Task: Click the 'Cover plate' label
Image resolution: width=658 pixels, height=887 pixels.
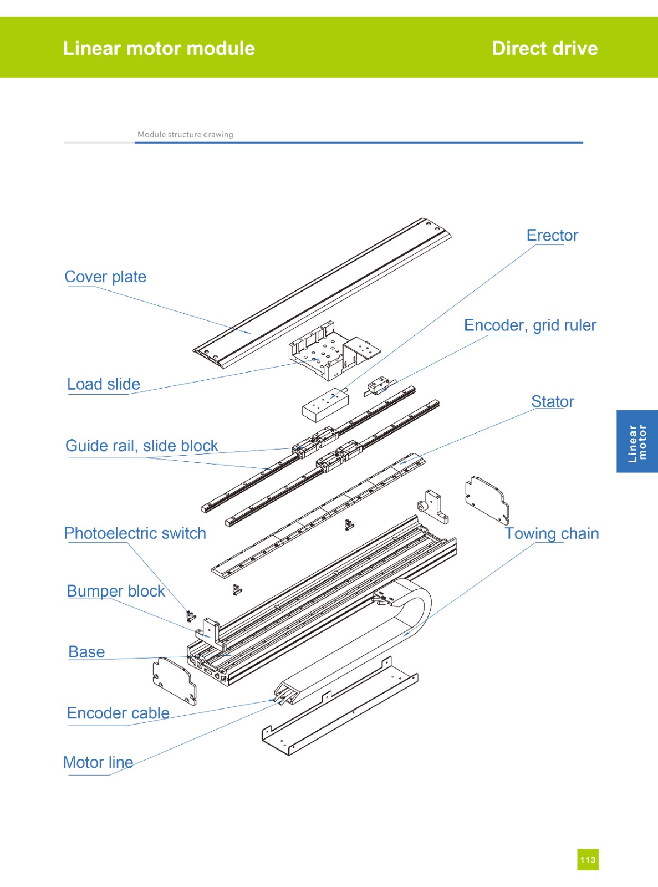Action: pyautogui.click(x=105, y=277)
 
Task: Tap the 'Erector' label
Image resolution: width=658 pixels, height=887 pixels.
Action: pyautogui.click(x=552, y=236)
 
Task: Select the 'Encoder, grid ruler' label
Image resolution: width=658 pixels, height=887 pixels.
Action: pyautogui.click(x=529, y=325)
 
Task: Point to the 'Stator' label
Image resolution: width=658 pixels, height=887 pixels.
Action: pyautogui.click(x=552, y=401)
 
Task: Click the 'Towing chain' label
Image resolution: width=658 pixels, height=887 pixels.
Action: pyautogui.click(x=551, y=533)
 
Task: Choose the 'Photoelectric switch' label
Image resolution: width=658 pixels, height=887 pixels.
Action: pyautogui.click(x=135, y=533)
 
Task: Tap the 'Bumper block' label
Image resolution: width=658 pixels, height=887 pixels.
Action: pyautogui.click(x=116, y=591)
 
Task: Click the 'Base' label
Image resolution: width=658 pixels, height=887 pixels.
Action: pyautogui.click(x=86, y=652)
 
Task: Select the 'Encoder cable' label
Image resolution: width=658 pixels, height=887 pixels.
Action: pyautogui.click(x=118, y=713)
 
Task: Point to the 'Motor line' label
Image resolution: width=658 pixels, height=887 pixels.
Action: pyautogui.click(x=98, y=762)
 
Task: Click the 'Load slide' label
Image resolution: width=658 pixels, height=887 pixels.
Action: pyautogui.click(x=103, y=384)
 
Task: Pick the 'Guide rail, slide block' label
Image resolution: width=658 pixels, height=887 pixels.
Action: pyautogui.click(x=141, y=446)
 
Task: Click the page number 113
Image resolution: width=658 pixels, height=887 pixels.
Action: pyautogui.click(x=588, y=859)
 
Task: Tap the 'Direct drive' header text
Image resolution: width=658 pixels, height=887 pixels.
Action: pyautogui.click(x=544, y=49)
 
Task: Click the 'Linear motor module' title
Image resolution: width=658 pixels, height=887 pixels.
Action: pyautogui.click(x=159, y=49)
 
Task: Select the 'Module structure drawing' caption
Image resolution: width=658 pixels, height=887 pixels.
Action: pyautogui.click(x=185, y=134)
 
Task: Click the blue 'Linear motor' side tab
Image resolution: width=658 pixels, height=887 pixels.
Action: pyautogui.click(x=637, y=442)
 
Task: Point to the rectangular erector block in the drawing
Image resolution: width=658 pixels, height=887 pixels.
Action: pyautogui.click(x=325, y=405)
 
